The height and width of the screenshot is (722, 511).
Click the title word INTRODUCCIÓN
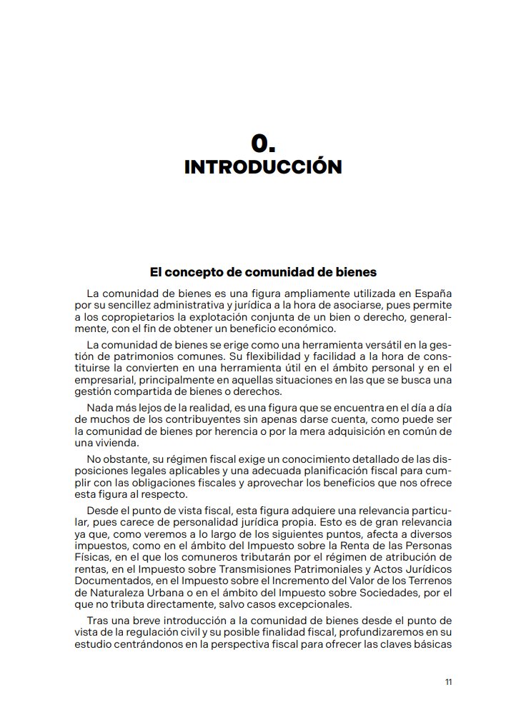click(263, 167)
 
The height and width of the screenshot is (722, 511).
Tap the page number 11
click(448, 682)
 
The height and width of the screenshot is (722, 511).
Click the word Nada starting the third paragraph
click(99, 406)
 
